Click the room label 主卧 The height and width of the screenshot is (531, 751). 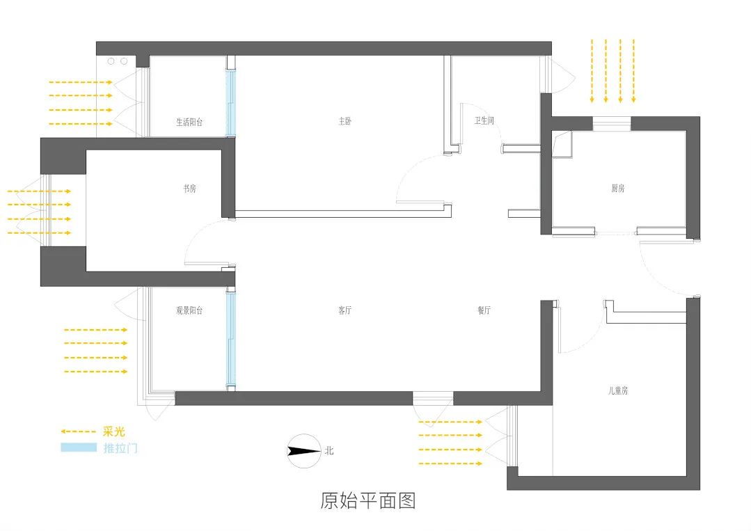pyautogui.click(x=345, y=121)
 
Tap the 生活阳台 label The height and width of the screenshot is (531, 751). pyautogui.click(x=189, y=122)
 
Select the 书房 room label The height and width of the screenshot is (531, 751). pyautogui.click(x=189, y=189)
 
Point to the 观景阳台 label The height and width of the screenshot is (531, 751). pyautogui.click(x=189, y=310)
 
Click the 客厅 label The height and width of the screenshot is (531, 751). pyautogui.click(x=345, y=311)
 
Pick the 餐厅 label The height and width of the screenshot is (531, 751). pyautogui.click(x=484, y=311)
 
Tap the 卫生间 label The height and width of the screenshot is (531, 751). pyautogui.click(x=484, y=121)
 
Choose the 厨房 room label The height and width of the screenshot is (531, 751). pyautogui.click(x=618, y=189)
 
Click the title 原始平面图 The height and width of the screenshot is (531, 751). pyautogui.click(x=368, y=500)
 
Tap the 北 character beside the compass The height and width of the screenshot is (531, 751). pyautogui.click(x=329, y=451)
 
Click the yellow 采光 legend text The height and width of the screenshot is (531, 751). pyautogui.click(x=113, y=432)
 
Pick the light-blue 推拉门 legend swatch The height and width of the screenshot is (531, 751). pyautogui.click(x=78, y=447)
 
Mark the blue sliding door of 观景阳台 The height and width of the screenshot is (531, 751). pyautogui.click(x=231, y=339)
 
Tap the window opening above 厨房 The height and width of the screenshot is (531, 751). pyautogui.click(x=612, y=123)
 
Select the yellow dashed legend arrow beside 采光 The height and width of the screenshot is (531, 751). pyautogui.click(x=78, y=432)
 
